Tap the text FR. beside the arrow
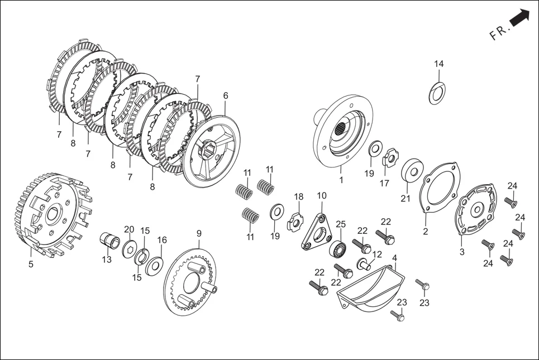coord(500,32)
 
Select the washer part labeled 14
coord(436,92)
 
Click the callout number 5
coord(31,265)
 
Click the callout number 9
coord(199,233)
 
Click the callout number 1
coord(341,180)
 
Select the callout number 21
coord(406,199)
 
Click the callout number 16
coord(162,240)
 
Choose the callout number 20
coord(129,229)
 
